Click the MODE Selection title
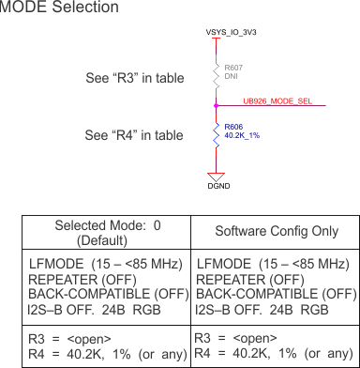pos(59,8)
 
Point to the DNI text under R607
pos(230,76)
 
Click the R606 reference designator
pos(233,126)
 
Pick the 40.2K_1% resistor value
pos(242,135)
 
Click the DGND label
pos(217,186)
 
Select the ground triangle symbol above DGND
pos(216,175)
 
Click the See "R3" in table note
pos(134,78)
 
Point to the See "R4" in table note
pos(134,135)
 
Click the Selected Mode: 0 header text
pos(108,225)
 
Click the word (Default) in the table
pos(108,239)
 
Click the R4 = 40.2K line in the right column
pos(272,352)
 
